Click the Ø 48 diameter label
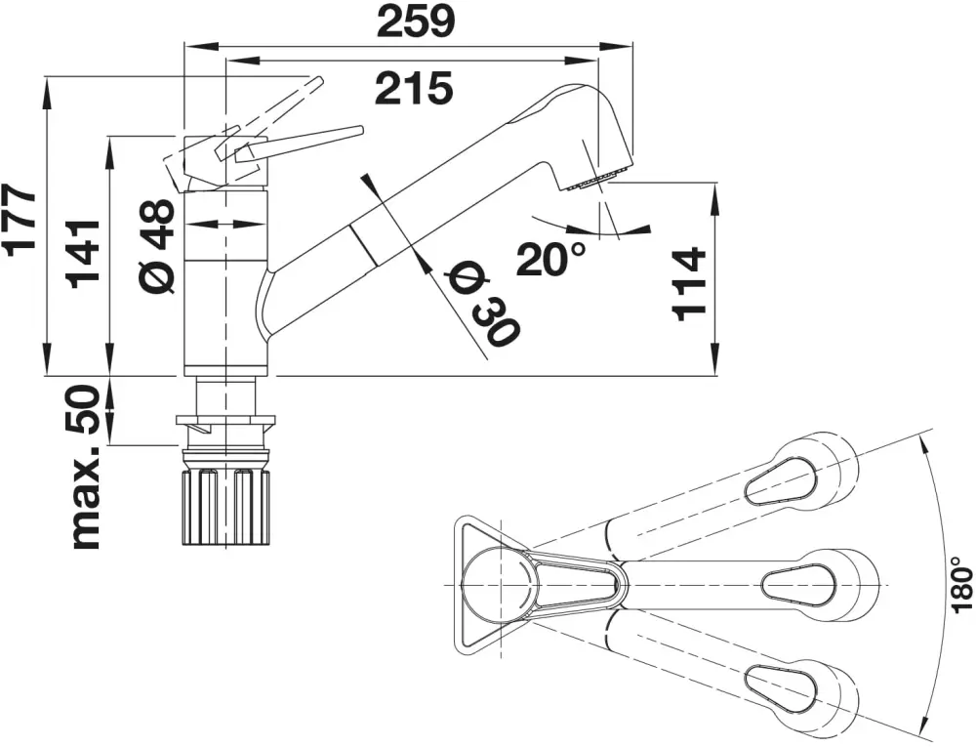tap(156, 244)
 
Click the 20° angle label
tap(552, 260)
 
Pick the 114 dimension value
tap(689, 284)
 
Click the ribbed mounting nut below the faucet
tap(225, 505)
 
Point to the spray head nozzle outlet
tap(596, 181)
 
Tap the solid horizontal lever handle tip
tap(351, 131)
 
